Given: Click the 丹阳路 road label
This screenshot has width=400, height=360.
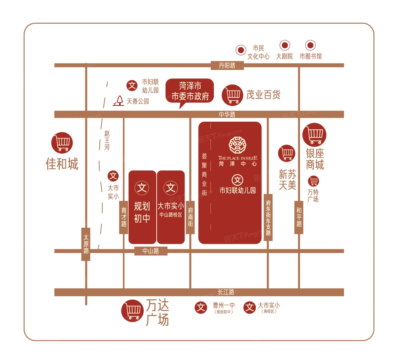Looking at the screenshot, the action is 227,65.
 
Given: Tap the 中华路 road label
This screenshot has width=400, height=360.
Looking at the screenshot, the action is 227,115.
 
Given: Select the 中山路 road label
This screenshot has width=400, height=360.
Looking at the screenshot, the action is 151,251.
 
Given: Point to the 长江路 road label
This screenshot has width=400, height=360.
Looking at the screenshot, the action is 226,292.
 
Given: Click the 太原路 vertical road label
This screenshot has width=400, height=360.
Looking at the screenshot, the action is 86,244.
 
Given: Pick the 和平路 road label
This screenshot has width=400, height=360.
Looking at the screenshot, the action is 299,217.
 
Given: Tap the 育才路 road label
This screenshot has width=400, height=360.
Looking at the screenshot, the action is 124,217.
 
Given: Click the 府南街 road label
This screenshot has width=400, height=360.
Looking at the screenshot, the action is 190,217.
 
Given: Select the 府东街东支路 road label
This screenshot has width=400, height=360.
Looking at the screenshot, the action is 268,218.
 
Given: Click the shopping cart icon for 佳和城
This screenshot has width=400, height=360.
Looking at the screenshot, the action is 62,143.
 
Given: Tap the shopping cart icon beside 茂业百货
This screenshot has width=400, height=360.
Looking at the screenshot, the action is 232,95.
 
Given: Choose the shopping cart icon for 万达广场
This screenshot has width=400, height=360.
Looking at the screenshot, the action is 132,311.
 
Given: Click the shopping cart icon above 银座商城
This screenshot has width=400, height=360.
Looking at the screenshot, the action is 314,135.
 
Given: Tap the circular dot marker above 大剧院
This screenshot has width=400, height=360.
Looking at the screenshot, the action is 285,45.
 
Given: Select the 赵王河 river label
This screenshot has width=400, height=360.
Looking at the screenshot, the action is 107,140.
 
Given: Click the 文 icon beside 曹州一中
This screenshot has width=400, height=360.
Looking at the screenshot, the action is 201,308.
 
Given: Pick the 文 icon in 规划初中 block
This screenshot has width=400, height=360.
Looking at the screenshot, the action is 142,188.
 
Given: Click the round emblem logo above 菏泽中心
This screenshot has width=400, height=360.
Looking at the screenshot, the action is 237,145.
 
